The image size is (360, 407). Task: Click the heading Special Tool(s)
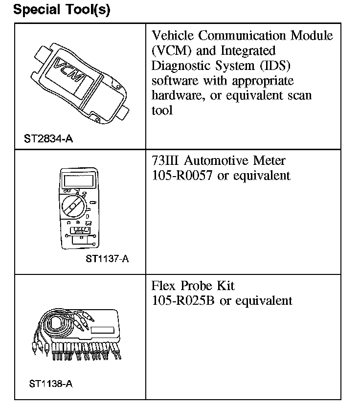(x=62, y=9)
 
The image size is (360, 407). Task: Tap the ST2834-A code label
(x=48, y=139)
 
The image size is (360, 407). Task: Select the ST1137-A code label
(x=107, y=259)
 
